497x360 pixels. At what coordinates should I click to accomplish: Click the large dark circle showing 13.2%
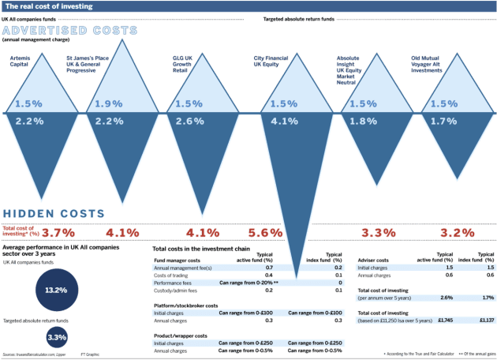click(x=57, y=290)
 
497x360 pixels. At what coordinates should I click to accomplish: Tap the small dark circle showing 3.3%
click(x=57, y=337)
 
